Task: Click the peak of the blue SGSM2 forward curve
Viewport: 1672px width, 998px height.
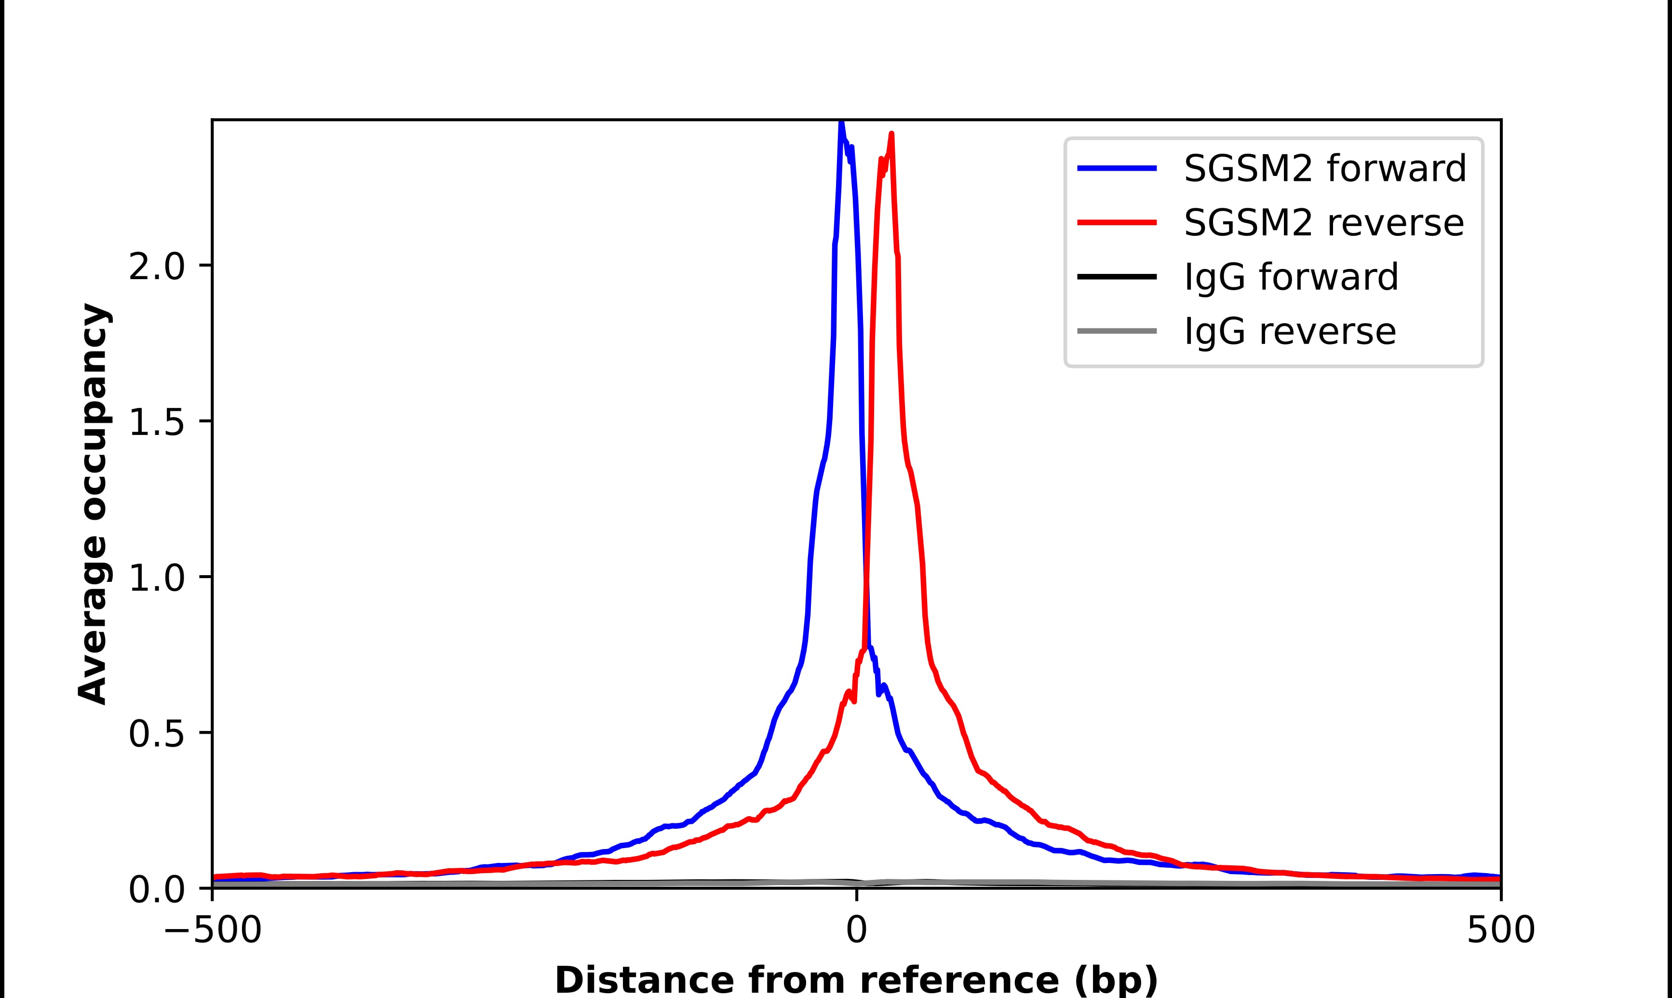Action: click(841, 123)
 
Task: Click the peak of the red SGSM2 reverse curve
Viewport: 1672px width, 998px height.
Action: click(891, 135)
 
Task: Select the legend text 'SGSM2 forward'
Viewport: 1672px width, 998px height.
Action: click(1324, 168)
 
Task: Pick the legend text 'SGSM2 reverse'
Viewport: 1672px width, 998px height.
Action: click(1323, 223)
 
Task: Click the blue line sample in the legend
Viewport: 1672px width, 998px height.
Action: click(1118, 168)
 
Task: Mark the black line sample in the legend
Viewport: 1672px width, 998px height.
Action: click(1118, 276)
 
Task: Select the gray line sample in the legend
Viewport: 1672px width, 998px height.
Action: click(1118, 331)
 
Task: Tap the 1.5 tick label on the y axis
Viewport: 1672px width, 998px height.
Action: click(156, 424)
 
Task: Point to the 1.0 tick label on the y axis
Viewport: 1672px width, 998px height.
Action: click(156, 579)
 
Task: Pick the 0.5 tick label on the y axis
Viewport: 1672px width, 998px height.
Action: click(156, 735)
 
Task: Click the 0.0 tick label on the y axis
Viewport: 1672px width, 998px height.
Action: click(156, 890)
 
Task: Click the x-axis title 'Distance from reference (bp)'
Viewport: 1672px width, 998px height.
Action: click(857, 980)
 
